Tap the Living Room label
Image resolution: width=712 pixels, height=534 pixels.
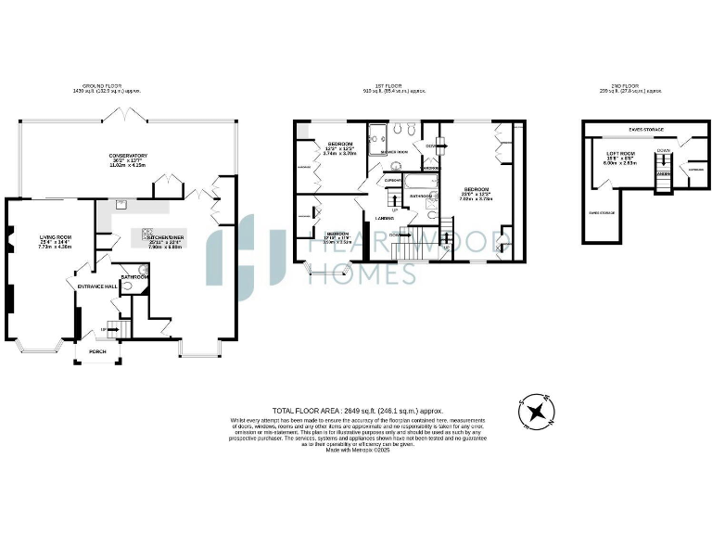55,241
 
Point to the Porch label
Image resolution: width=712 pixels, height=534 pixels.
97,352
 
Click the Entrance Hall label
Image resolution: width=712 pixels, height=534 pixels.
95,286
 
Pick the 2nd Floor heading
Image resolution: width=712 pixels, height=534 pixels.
631,91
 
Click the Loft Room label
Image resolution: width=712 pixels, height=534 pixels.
620,156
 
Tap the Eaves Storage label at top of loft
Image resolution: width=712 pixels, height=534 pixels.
645,130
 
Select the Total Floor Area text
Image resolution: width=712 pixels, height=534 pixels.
357,410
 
